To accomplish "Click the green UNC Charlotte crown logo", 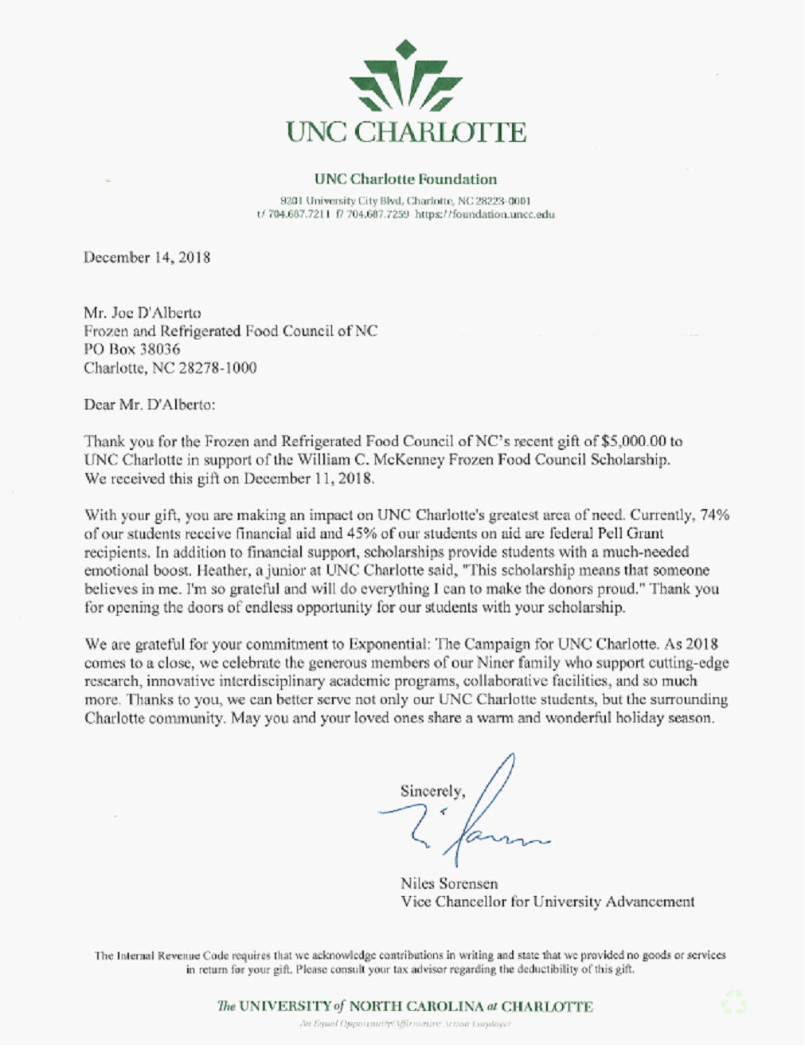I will (406, 76).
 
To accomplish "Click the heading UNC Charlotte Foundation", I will (405, 179).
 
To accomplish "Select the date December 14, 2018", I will (147, 257).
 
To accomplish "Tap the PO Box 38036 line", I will (132, 349).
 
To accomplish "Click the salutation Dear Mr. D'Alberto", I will (150, 404).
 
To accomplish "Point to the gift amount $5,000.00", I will (634, 441).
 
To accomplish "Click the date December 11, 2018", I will (308, 478).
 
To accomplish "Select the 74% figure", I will (714, 515).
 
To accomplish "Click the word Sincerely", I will (432, 791).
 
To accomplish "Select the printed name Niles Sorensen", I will (449, 883).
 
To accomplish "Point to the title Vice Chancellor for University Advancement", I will (548, 902).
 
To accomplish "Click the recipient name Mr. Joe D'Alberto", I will (143, 312).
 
